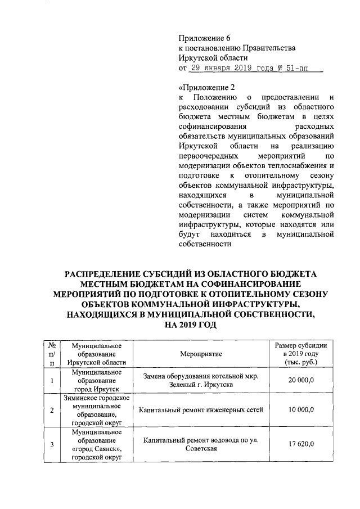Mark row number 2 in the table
pyautogui.click(x=52, y=411)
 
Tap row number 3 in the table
pyautogui.click(x=52, y=445)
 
